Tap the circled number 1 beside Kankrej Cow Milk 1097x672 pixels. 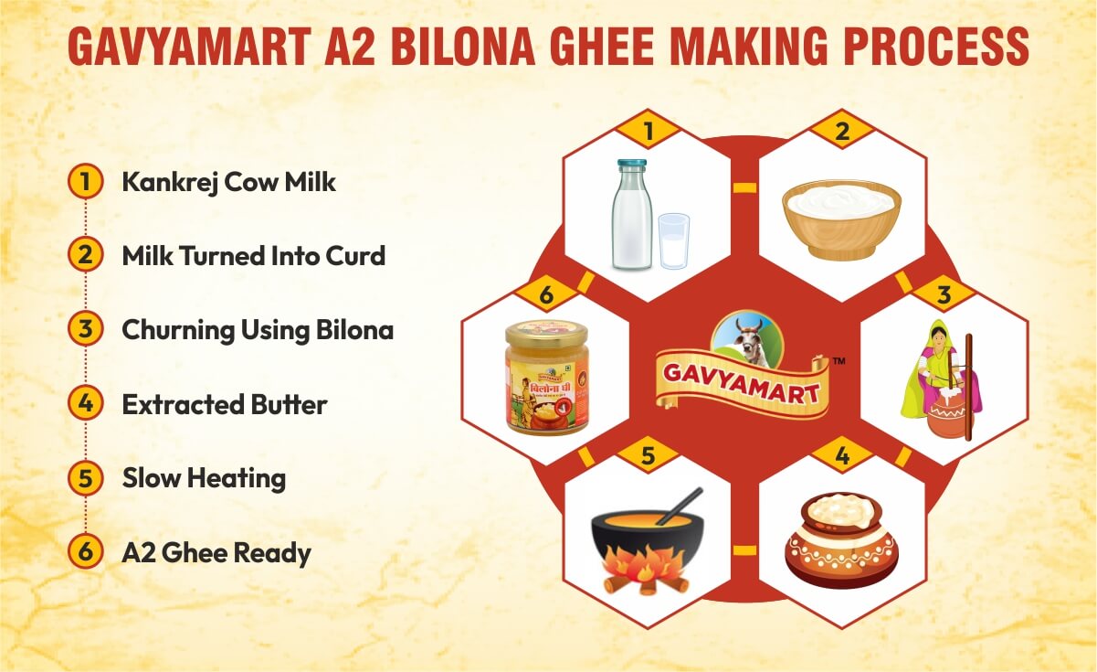(x=85, y=182)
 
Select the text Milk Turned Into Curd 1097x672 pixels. (x=253, y=255)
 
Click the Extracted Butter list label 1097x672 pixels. (x=224, y=404)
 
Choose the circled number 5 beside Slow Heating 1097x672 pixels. (x=85, y=478)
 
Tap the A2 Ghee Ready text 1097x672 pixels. (x=216, y=552)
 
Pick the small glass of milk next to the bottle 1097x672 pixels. (x=673, y=240)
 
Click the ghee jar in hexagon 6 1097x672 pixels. (x=546, y=377)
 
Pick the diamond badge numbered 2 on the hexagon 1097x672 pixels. (x=841, y=131)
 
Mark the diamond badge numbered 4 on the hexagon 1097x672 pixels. (x=841, y=455)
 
